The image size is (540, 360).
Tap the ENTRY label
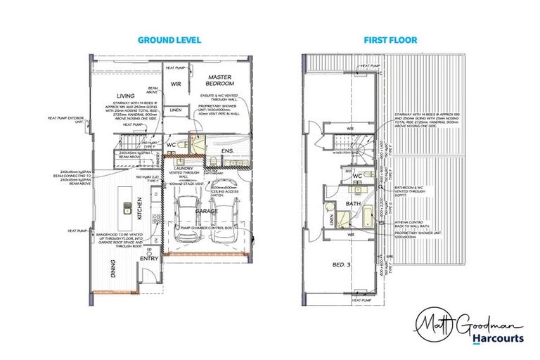pos(150,259)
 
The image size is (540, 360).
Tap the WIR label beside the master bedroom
pos(176,84)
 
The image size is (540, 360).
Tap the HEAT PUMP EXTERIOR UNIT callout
pos(65,121)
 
